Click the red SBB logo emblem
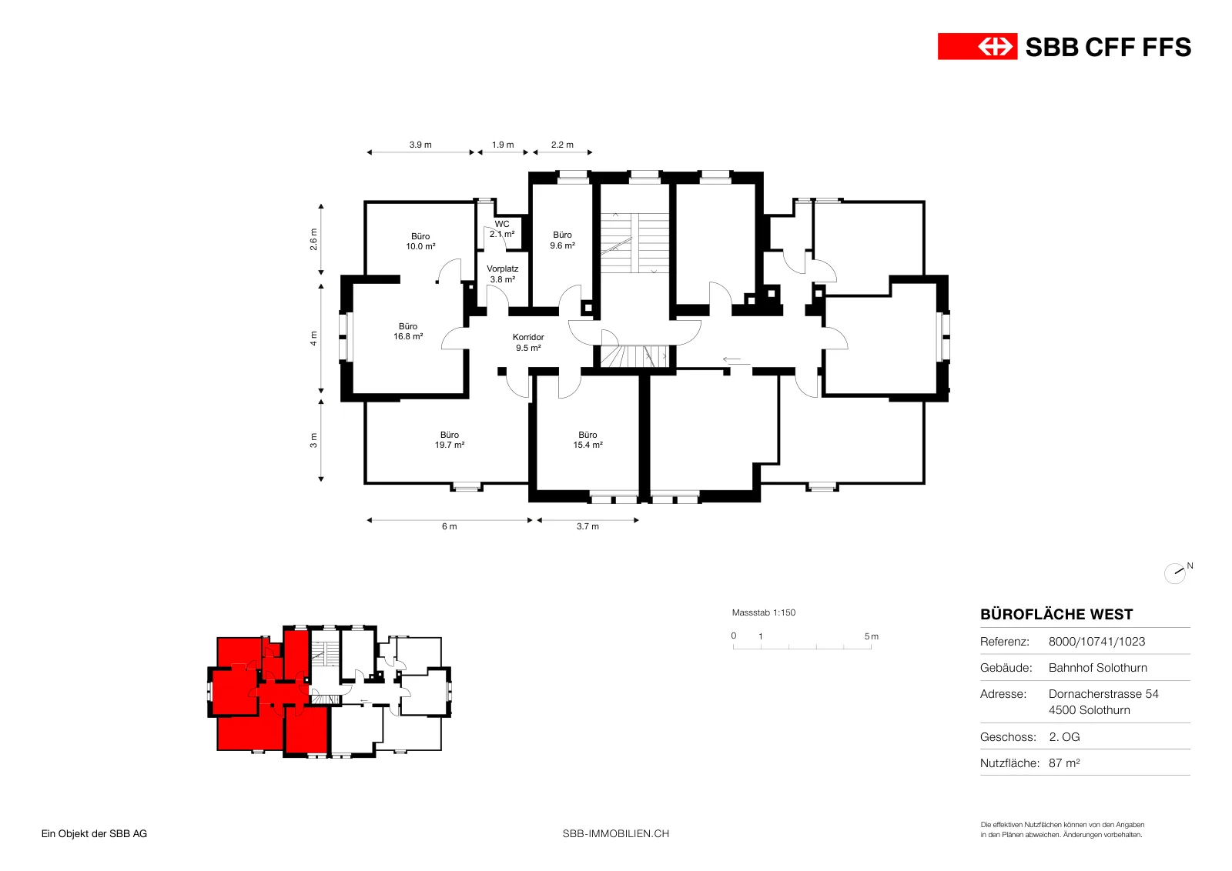(x=977, y=47)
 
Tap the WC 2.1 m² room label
(x=502, y=229)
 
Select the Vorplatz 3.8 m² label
(x=503, y=274)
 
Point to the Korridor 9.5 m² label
(x=528, y=342)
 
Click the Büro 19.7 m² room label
(x=450, y=439)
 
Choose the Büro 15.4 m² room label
(x=588, y=439)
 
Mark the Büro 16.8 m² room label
(x=408, y=332)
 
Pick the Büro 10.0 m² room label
(x=420, y=242)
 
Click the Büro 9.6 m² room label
(x=563, y=240)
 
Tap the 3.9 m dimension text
(x=420, y=145)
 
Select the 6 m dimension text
(x=450, y=526)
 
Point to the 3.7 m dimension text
(x=588, y=526)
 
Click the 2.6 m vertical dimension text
(x=313, y=239)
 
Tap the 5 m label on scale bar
(x=871, y=636)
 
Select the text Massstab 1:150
(x=764, y=612)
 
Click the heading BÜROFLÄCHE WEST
(x=1056, y=614)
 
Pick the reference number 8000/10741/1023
(x=1096, y=641)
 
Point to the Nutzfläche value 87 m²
(x=1064, y=763)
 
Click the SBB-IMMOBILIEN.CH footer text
(x=616, y=833)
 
